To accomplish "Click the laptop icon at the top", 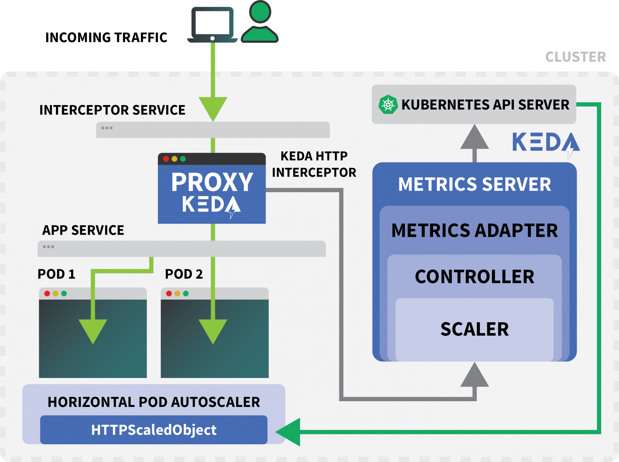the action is (x=212, y=25).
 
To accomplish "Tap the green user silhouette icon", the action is (x=260, y=21).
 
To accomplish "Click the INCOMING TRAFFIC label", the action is (x=106, y=38).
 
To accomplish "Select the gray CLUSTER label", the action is (x=576, y=57).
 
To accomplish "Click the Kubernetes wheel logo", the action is (x=388, y=104).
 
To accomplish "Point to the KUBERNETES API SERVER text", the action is (x=485, y=105).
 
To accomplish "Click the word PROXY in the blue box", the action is (x=212, y=182).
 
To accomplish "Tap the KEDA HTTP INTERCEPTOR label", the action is (x=314, y=164).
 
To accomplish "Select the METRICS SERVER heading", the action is (x=474, y=184).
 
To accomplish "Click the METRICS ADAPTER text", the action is (x=474, y=231).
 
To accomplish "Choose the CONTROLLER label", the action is (x=474, y=277).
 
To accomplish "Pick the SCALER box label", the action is (x=474, y=329).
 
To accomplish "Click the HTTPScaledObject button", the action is (x=154, y=430).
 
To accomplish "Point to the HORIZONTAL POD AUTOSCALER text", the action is (x=154, y=402).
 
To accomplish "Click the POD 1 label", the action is (x=56, y=274).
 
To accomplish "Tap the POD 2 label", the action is (x=184, y=274).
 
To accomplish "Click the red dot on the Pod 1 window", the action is (x=47, y=294).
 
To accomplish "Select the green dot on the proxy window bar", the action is (x=183, y=159).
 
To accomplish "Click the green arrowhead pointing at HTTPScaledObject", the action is (x=288, y=432).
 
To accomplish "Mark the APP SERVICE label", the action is (x=83, y=230).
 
